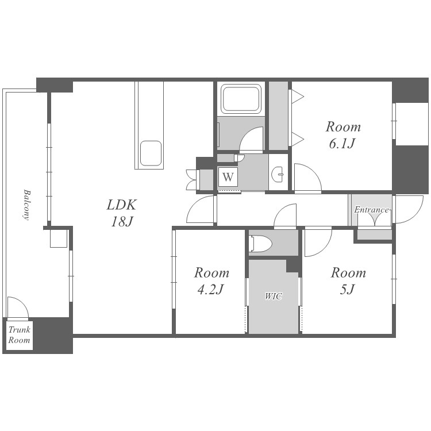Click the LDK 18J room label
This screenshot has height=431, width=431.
click(121, 213)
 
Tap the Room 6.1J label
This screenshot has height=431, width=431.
click(343, 135)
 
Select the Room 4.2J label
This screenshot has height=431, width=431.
click(211, 281)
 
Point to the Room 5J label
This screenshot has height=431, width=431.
click(348, 281)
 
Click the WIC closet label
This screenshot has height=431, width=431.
click(274, 297)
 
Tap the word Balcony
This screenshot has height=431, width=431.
click(26, 205)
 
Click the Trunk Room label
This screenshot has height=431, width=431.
click(19, 335)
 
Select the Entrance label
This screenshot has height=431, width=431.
click(371, 210)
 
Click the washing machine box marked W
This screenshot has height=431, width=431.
click(228, 177)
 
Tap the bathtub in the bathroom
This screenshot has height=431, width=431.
click(241, 99)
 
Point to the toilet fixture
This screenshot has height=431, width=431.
click(260, 244)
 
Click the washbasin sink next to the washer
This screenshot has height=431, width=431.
click(278, 174)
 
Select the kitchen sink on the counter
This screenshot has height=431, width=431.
click(151, 153)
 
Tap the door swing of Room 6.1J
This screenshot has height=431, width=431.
click(312, 172)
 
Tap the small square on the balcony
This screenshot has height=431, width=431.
click(59, 238)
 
